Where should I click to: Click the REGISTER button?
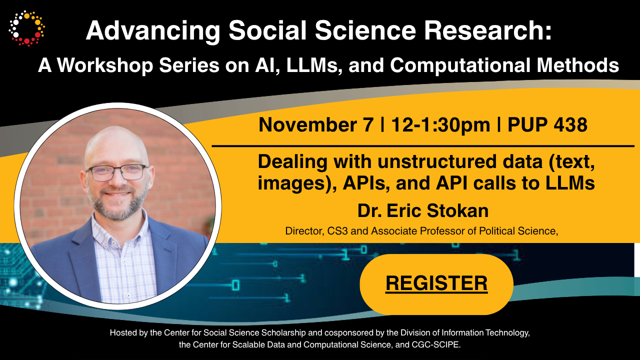pos(436,284)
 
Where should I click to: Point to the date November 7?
pos(316,125)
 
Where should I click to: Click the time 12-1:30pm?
pos(440,125)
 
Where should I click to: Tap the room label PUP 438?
pos(547,125)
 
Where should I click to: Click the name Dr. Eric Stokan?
pos(423,211)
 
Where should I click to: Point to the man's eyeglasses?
pos(117,172)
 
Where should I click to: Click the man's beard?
pos(117,203)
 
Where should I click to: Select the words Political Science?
pos(518,231)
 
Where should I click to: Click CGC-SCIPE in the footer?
pos(436,344)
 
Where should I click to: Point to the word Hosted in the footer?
pos(123,332)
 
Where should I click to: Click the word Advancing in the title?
pos(153,31)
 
